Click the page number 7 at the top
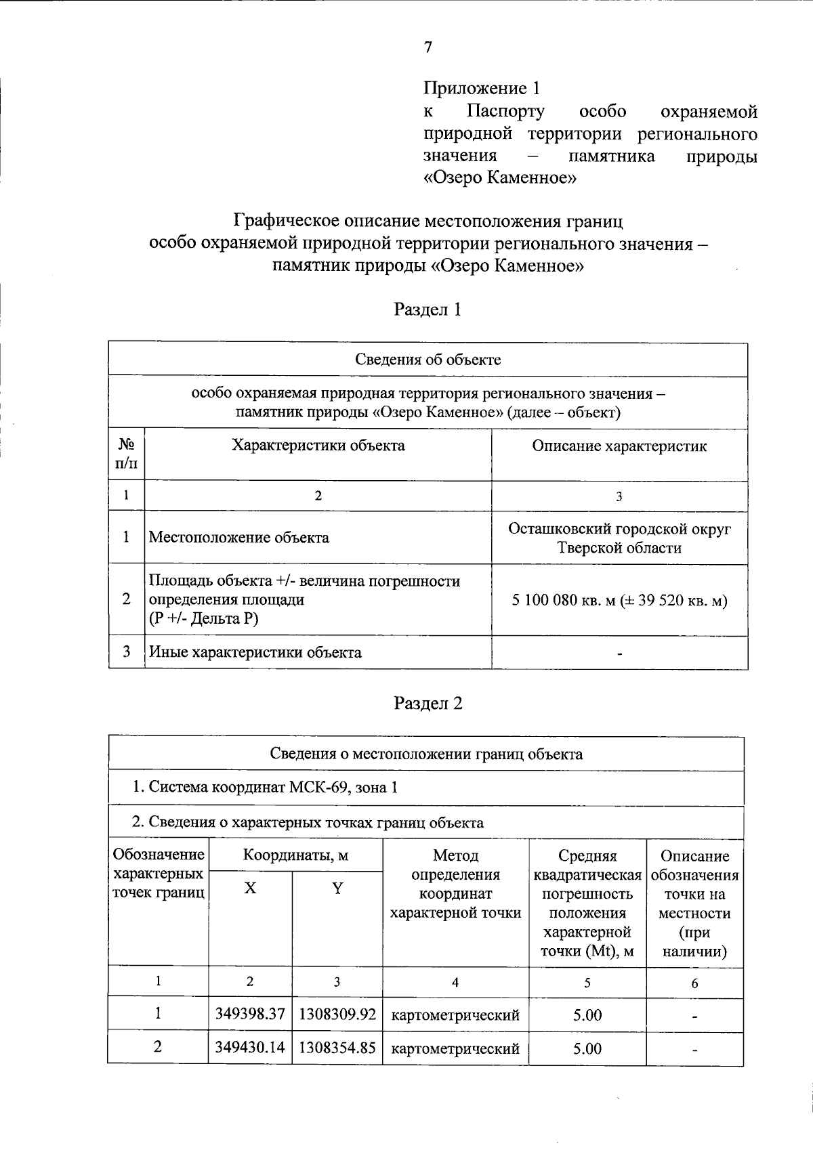pyautogui.click(x=428, y=47)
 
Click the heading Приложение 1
pyautogui.click(x=482, y=88)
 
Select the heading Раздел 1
pyautogui.click(x=428, y=310)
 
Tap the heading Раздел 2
pyautogui.click(x=428, y=703)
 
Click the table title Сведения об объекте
pyautogui.click(x=428, y=359)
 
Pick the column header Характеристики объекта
pyautogui.click(x=318, y=445)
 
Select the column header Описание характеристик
pyautogui.click(x=619, y=446)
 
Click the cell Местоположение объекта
pyautogui.click(x=238, y=538)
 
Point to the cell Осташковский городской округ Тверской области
pyautogui.click(x=619, y=538)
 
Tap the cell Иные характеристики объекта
pyautogui.click(x=255, y=653)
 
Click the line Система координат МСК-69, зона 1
pyautogui.click(x=264, y=787)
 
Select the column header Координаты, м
pyautogui.click(x=295, y=855)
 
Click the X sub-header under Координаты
pyautogui.click(x=250, y=888)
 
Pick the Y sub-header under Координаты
pyautogui.click(x=337, y=888)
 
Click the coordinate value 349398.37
pyautogui.click(x=250, y=1014)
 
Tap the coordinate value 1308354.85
pyautogui.click(x=337, y=1048)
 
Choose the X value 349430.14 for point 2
pyautogui.click(x=250, y=1048)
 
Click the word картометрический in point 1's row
pyautogui.click(x=455, y=1015)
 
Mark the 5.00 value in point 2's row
pyautogui.click(x=587, y=1048)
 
